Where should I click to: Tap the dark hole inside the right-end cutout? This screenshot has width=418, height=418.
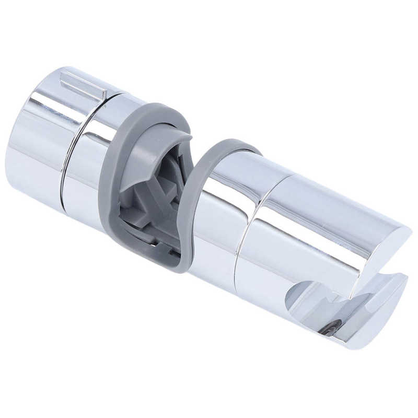330,329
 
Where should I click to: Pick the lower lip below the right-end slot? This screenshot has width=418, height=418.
366,324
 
